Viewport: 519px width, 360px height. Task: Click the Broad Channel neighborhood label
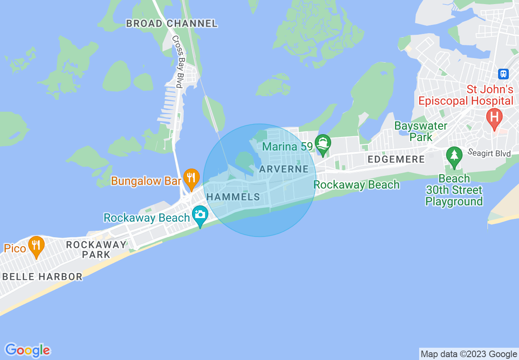coord(171,24)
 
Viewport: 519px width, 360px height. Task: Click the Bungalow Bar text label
coord(146,181)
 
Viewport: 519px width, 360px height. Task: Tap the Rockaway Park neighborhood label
coord(96,250)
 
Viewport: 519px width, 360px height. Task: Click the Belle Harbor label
coord(42,277)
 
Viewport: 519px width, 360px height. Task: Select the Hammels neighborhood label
coord(233,197)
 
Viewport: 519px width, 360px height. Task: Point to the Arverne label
coord(284,169)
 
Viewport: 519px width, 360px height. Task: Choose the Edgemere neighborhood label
coord(396,159)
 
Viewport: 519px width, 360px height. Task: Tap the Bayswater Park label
coord(421,131)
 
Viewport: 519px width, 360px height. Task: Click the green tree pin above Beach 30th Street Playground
coord(454,157)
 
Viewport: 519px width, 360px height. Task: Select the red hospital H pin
coord(494,118)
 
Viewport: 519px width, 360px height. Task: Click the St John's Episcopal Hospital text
coord(466,95)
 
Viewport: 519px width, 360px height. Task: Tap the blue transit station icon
coord(503,74)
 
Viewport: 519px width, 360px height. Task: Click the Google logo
coord(27,350)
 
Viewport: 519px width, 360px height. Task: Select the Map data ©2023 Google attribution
coord(469,354)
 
